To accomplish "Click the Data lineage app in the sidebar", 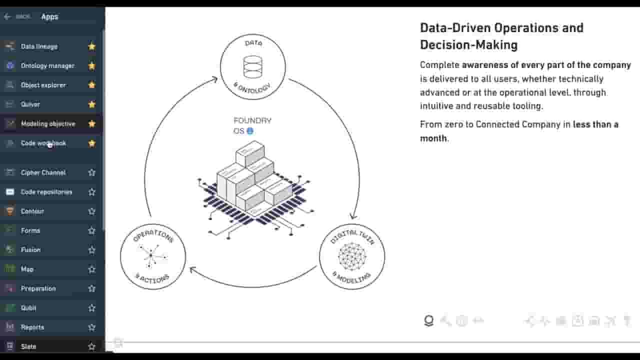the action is click(x=39, y=46).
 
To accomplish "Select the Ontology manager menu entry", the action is click(x=48, y=66).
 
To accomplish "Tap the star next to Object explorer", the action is click(x=91, y=85).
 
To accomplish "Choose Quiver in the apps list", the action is click(x=30, y=104).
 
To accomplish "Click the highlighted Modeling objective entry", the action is click(x=48, y=124).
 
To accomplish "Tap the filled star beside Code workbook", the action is click(x=91, y=143).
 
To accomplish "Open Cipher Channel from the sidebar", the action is click(x=43, y=172).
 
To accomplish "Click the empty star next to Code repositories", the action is click(x=91, y=192).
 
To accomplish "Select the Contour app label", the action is click(x=32, y=211).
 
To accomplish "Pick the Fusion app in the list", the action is click(x=30, y=250).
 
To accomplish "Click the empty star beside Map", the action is click(x=91, y=269).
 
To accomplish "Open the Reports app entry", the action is click(x=32, y=327).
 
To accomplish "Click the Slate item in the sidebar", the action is click(x=28, y=346).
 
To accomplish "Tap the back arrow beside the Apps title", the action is click(x=7, y=17).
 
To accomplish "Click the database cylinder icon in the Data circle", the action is click(x=252, y=67).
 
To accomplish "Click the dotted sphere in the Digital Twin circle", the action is click(x=352, y=256).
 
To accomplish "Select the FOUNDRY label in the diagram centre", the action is click(x=252, y=120).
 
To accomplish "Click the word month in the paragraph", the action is click(x=433, y=138).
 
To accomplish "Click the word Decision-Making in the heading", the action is click(x=469, y=45).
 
